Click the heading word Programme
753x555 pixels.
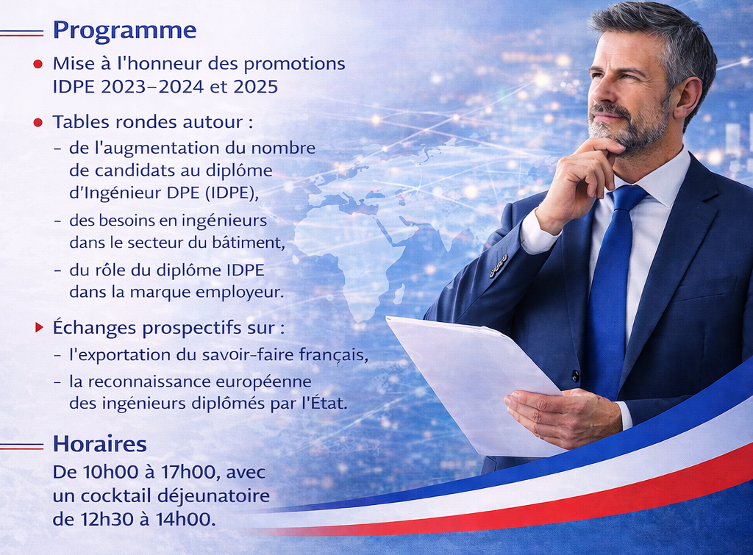(x=124, y=30)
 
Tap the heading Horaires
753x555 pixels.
(x=100, y=444)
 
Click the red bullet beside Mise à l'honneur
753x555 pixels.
(x=38, y=64)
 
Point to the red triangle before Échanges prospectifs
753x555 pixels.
(x=39, y=327)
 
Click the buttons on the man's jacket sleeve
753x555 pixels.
(x=499, y=265)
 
